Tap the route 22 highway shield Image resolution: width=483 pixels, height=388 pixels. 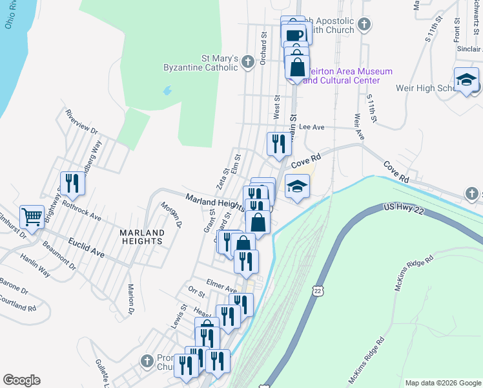[317, 292]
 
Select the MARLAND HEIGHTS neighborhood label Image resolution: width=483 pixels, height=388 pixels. [140, 236]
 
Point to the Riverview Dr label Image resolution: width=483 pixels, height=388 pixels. [81, 122]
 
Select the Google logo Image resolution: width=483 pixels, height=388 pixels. [21, 380]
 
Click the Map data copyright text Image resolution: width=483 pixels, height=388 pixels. [442, 383]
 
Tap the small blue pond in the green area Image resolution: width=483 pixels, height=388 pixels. [168, 91]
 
